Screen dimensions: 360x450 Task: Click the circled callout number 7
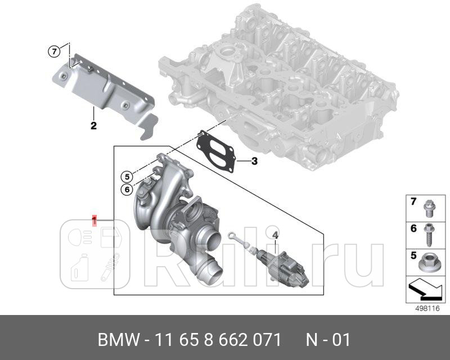pos(53,52)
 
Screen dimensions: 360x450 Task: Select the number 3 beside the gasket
pos(254,162)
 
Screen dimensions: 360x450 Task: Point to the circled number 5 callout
pos(127,176)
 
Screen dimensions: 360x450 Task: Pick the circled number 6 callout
pos(127,190)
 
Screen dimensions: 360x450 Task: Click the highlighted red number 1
pos(94,219)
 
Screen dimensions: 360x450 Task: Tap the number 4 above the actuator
pos(275,234)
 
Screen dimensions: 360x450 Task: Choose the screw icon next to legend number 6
pos(429,232)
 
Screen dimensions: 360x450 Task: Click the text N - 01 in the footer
pos(328,340)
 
